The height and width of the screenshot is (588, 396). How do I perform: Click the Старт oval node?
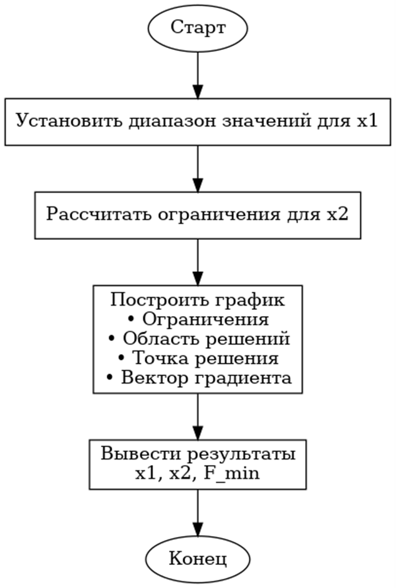198,29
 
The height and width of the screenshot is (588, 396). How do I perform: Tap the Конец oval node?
198,557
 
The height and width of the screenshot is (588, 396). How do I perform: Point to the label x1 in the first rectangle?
367,120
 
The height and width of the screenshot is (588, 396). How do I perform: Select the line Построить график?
198,299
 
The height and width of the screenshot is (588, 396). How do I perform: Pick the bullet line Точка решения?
198,359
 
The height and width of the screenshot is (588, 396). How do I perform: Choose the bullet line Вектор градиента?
198,378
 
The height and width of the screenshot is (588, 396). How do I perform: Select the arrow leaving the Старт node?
198,75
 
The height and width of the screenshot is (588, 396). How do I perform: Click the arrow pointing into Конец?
198,514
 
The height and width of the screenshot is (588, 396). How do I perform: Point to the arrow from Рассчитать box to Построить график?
198,262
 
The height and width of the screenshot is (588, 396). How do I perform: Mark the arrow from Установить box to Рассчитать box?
198,168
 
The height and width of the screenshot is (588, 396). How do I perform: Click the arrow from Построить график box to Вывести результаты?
198,417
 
